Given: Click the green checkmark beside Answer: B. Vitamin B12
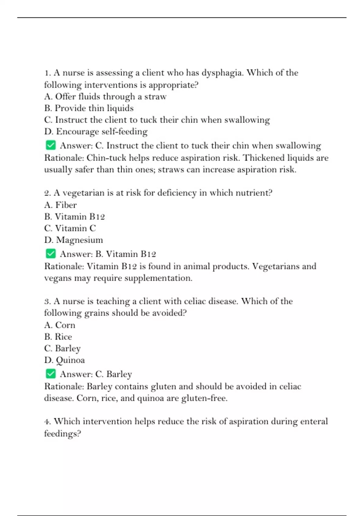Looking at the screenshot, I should click(51, 253).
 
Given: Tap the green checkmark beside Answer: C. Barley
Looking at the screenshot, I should click(51, 374).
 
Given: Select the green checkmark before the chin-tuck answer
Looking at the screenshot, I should click(51, 145).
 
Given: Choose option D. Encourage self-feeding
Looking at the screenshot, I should click(96, 131).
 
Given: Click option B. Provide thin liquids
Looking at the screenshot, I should click(89, 108).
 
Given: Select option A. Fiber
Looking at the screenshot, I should click(60, 205).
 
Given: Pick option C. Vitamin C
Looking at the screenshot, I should click(70, 228).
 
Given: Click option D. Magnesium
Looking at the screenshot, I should click(73, 240).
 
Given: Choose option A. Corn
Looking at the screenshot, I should click(60, 325).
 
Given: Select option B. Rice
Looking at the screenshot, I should click(58, 337).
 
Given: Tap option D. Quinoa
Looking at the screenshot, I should click(64, 360).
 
